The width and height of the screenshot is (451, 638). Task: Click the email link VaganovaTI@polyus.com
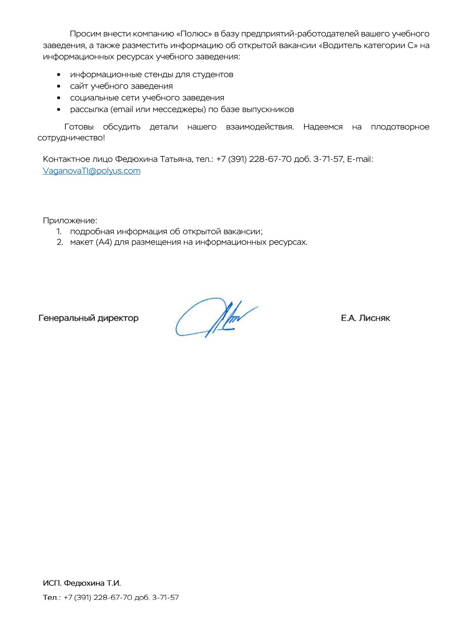92,171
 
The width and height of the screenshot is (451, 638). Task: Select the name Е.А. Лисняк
365,318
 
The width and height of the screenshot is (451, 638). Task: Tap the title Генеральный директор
88,318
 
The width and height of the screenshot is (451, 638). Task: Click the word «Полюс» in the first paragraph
194,34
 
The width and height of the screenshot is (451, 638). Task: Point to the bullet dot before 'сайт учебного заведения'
59,86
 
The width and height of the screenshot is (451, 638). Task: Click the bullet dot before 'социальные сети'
59,98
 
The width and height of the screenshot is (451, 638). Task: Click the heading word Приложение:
70,220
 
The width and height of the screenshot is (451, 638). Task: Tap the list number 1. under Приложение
59,231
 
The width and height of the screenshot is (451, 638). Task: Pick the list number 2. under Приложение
60,242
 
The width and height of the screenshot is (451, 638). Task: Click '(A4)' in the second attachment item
104,242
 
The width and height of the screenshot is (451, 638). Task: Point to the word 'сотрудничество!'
71,138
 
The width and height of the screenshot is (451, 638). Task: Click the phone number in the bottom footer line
121,597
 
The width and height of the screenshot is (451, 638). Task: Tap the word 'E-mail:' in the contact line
360,159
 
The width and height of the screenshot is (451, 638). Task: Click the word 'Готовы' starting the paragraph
79,127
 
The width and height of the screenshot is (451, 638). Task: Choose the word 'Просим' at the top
85,34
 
